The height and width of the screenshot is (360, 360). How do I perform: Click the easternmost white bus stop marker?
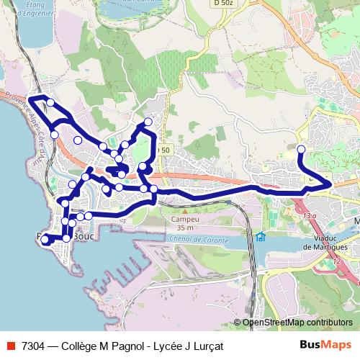pos(301,149)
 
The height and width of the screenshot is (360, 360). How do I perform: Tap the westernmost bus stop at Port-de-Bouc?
pos(45,238)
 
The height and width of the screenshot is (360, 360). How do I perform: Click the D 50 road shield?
pos(166,149)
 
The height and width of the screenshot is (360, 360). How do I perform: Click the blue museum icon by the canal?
pos(261,237)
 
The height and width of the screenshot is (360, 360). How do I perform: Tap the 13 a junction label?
pos(310,215)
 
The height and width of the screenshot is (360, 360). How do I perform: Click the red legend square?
pos(11,346)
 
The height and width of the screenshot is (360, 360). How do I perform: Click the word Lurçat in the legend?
pos(206,346)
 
